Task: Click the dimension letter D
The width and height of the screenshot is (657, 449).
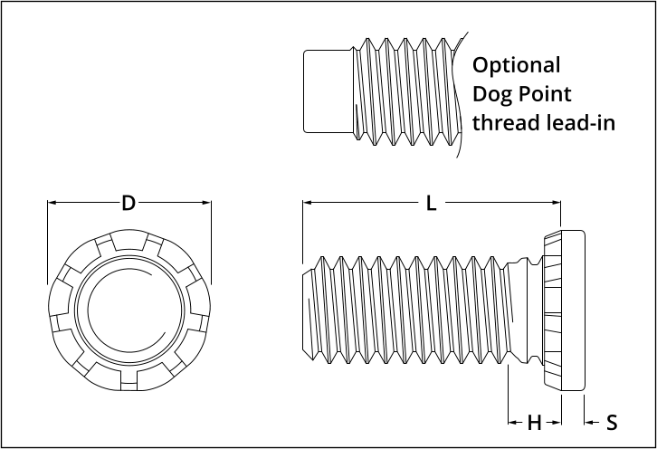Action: coord(129,204)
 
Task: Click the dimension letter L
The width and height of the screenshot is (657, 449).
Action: coord(432,204)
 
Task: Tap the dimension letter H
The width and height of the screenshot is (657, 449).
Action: coord(534,422)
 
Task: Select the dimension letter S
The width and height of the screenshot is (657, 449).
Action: coord(612,422)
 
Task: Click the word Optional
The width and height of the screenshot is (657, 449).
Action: coord(517,66)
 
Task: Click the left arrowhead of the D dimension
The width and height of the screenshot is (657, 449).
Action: coord(51,204)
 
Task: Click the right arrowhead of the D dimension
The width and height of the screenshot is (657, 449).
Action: coord(207,204)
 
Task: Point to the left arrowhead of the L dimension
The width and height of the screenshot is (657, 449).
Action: coord(307,204)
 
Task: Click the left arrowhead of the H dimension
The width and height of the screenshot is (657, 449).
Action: coord(512,422)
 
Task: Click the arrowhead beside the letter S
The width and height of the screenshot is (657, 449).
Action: coord(589,422)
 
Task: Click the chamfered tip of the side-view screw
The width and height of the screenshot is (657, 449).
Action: coord(308,310)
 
